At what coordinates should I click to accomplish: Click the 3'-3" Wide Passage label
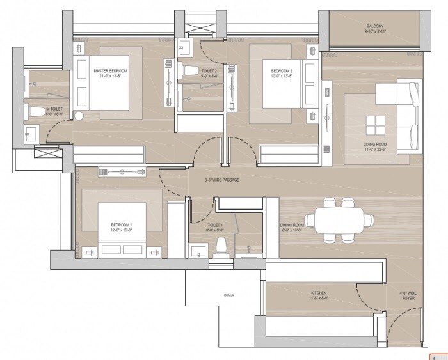coord(221,180)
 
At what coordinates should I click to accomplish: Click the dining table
coord(339,219)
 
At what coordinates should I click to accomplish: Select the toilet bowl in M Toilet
coord(38,113)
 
